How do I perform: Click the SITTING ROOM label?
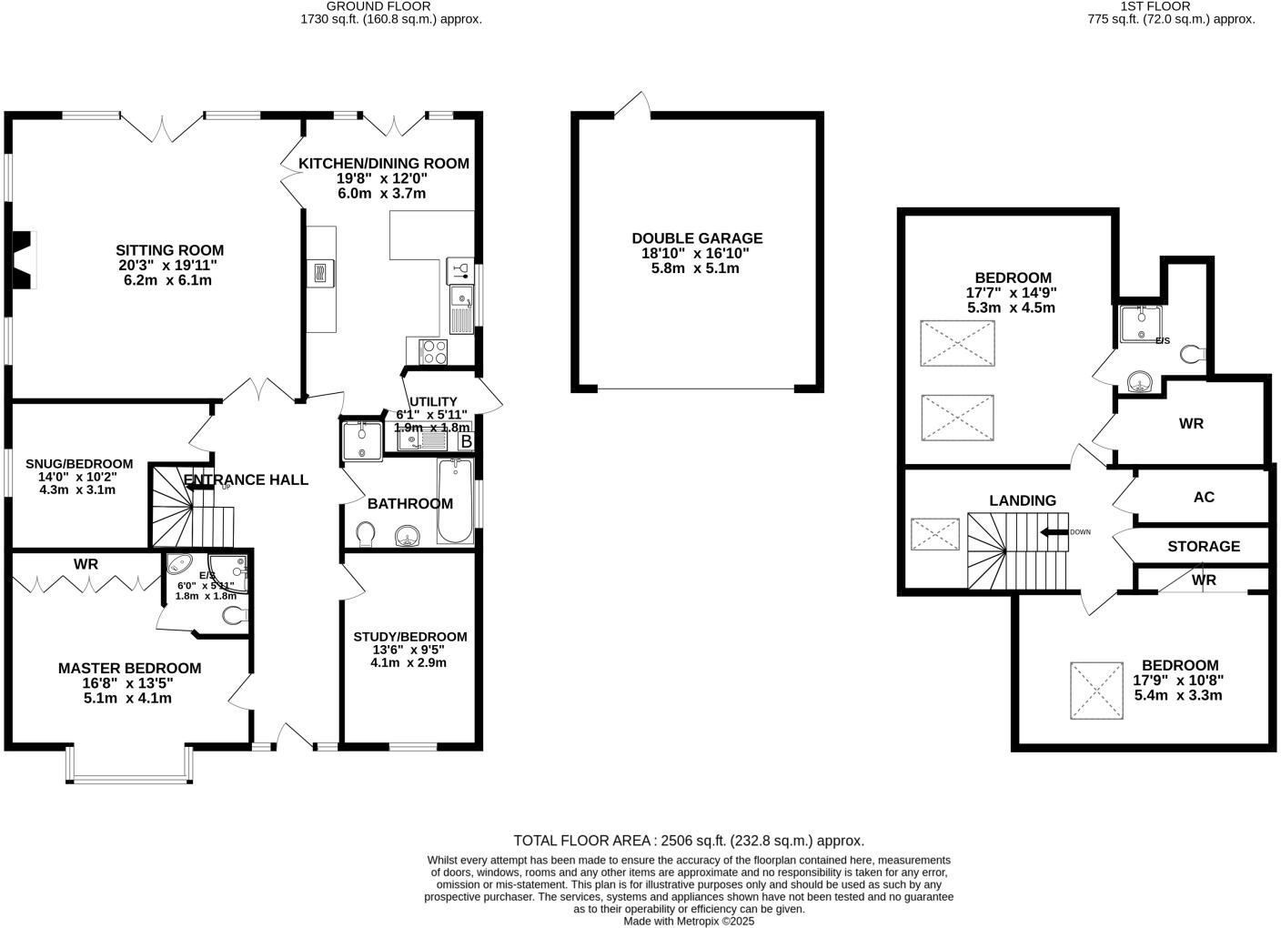(169, 250)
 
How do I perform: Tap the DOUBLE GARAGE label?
(697, 238)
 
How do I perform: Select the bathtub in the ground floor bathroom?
(455, 500)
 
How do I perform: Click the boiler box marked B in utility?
(466, 441)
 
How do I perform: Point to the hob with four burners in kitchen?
(432, 351)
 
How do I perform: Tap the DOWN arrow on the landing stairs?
(1055, 532)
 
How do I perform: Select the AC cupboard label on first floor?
(1203, 498)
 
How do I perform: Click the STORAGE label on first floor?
(1203, 547)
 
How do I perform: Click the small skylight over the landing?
(935, 534)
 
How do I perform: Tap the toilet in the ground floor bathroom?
(366, 532)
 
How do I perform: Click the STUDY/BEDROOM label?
(409, 637)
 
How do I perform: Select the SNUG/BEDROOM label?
(79, 464)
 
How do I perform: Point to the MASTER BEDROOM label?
(129, 668)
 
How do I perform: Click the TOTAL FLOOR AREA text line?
(689, 841)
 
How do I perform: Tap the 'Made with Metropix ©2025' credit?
(689, 921)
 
